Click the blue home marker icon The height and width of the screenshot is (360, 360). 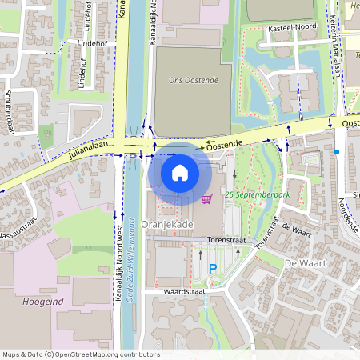180,172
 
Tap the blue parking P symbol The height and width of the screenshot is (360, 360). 213,270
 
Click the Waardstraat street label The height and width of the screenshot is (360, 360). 186,292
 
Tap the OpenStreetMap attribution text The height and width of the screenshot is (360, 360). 81,354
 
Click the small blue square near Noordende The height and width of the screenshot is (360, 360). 338,151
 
